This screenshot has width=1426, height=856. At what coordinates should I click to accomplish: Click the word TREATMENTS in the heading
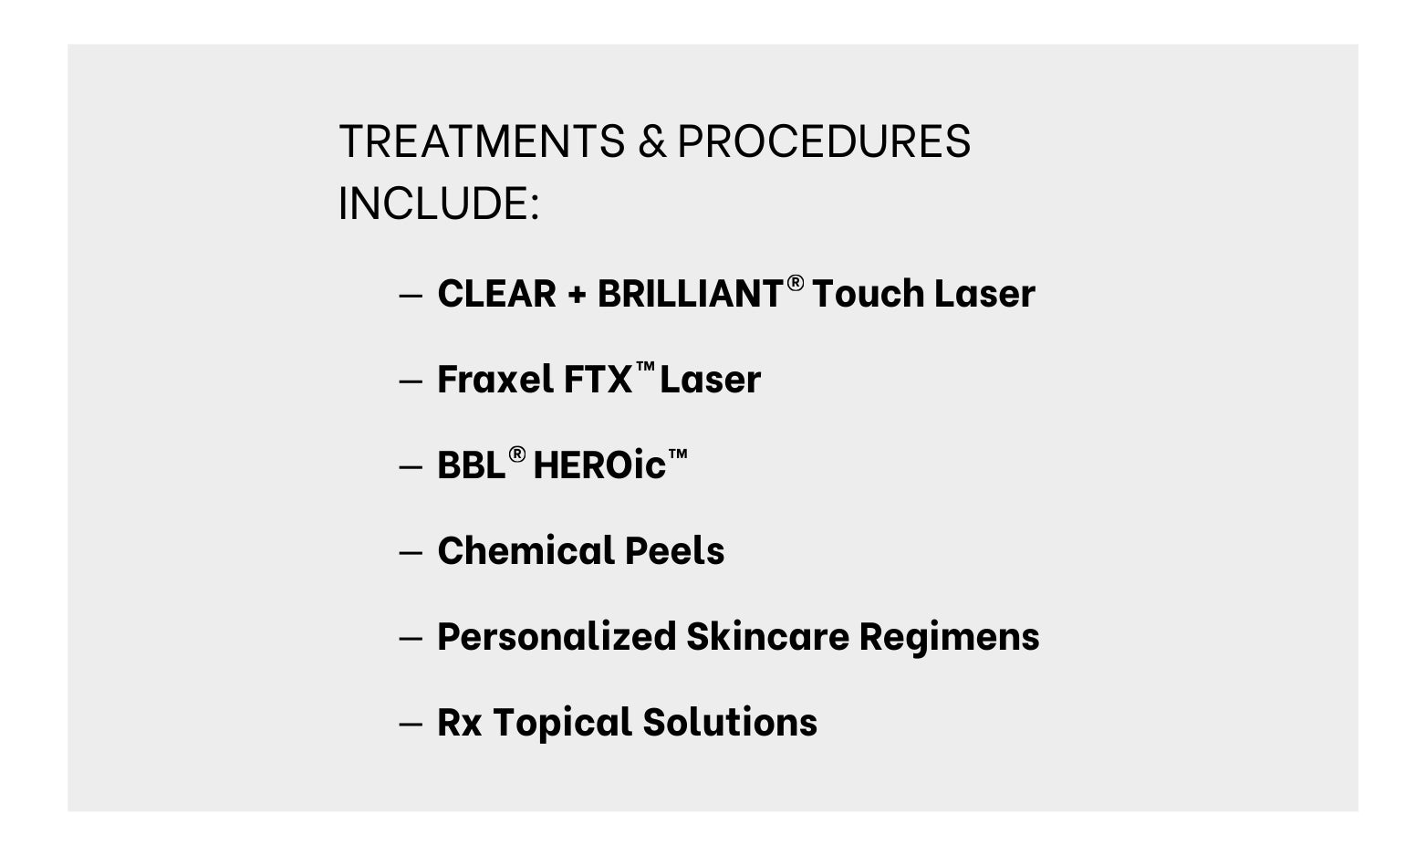[482, 141]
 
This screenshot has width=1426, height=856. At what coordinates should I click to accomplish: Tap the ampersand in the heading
[652, 141]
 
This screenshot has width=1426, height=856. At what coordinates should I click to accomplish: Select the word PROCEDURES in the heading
[824, 141]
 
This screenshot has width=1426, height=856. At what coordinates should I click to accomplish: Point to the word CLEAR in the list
[496, 294]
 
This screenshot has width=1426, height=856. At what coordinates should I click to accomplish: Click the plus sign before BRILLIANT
[576, 295]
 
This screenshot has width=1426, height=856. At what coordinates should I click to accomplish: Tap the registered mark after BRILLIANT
[796, 283]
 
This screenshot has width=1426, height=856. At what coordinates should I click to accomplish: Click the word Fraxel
[495, 380]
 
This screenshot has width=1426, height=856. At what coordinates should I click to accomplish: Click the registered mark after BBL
[517, 454]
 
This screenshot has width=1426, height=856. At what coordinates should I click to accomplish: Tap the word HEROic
[599, 465]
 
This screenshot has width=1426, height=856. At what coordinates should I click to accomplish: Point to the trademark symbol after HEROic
[678, 453]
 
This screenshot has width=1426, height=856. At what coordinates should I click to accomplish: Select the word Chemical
[526, 550]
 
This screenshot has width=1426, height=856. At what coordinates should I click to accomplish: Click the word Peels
[675, 550]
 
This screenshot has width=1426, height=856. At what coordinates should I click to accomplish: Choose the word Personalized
[557, 636]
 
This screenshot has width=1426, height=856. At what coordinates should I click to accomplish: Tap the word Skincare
[768, 636]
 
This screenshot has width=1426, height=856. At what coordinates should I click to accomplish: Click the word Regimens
[949, 638]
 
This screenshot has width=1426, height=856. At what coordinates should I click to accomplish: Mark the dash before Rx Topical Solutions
[411, 725]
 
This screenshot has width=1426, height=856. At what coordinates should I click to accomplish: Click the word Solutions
[730, 722]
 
